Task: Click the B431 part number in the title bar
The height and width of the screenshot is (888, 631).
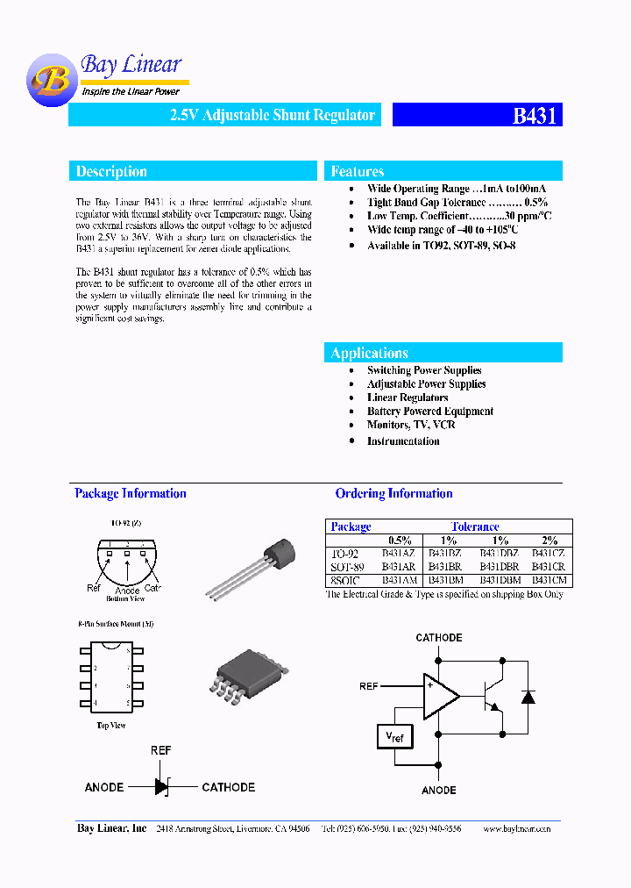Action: coord(534,116)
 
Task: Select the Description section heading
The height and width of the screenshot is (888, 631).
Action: coord(111,172)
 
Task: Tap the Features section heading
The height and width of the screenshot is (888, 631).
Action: coord(358,172)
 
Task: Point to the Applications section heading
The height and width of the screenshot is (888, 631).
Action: coord(369,353)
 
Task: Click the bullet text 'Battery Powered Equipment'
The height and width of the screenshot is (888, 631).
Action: coord(429,412)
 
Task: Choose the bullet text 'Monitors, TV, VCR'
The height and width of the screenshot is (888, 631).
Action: coord(411,425)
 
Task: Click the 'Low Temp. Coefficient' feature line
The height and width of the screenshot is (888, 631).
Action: coord(459,216)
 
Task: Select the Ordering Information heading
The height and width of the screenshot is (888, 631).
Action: coord(393,494)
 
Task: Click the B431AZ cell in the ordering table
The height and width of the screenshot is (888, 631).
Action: coord(399,554)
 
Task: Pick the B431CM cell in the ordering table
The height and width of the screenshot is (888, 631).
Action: coord(549,580)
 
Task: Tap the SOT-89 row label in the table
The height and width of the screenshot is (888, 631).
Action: coord(347,567)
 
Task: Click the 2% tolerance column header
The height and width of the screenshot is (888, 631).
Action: coord(549,541)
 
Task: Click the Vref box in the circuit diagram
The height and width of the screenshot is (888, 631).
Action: coord(396,738)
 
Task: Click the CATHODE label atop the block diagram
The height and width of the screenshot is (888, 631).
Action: coord(438,638)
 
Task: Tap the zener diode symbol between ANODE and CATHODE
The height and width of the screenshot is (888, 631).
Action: coord(162,787)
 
